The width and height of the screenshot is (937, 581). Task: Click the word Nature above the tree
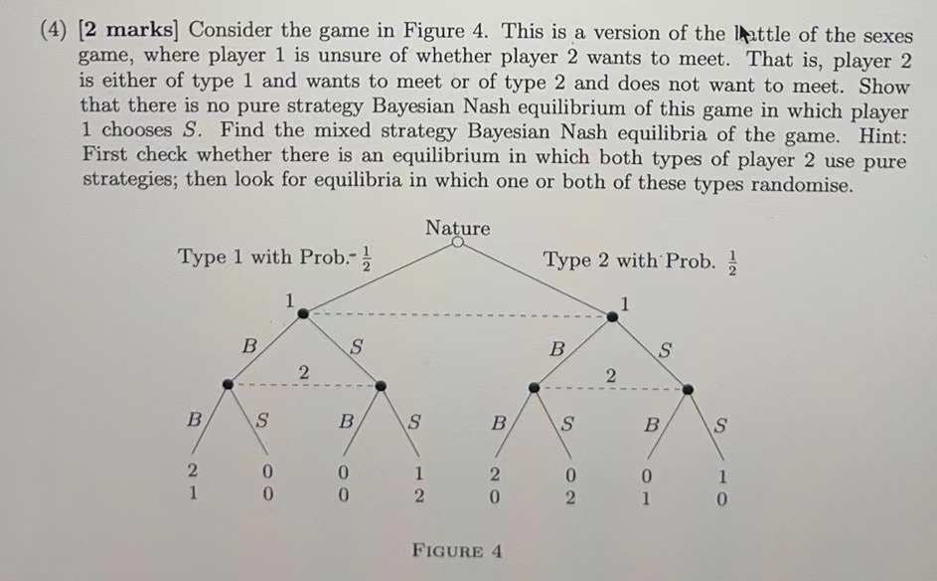coord(457,228)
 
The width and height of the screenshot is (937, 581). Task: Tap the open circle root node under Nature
coord(457,242)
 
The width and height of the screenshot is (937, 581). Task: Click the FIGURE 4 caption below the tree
coord(457,550)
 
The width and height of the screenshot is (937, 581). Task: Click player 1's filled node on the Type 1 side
coord(302,313)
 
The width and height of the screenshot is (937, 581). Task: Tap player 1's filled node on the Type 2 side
coord(613,315)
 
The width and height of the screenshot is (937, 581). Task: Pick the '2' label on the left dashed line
coord(304,372)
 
